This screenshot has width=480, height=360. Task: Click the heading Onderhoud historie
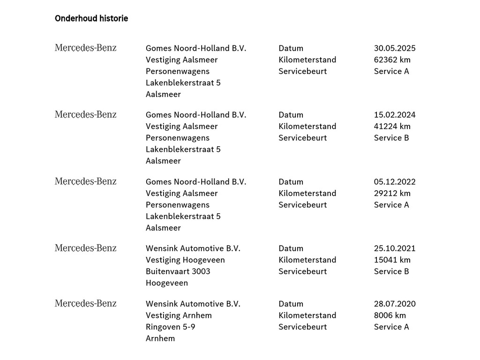[91, 19]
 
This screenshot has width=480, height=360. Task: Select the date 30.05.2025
[395, 48]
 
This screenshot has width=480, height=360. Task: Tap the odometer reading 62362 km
[392, 60]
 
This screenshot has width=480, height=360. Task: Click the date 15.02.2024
[395, 115]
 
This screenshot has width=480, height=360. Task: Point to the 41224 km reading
[392, 126]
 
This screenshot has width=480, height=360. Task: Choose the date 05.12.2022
[395, 182]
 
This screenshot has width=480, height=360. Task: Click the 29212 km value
[392, 193]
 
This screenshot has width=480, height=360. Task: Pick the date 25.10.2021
[395, 248]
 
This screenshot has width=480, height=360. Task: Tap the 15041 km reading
[392, 260]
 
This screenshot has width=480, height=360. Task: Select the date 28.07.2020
[395, 304]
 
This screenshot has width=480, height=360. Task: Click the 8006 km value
[390, 315]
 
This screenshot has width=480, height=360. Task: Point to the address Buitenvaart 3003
[178, 271]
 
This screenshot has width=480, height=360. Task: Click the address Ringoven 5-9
[171, 327]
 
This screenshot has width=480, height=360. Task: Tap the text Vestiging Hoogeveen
[185, 260]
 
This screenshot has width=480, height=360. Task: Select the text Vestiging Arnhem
[179, 315]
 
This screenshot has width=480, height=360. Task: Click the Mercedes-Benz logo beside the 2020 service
[86, 303]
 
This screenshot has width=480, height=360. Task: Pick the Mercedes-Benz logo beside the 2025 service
[86, 48]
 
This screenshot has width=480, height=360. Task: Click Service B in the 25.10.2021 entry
[391, 271]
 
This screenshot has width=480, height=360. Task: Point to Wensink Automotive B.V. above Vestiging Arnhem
[193, 304]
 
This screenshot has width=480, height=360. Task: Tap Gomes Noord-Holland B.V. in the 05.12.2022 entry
[196, 182]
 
